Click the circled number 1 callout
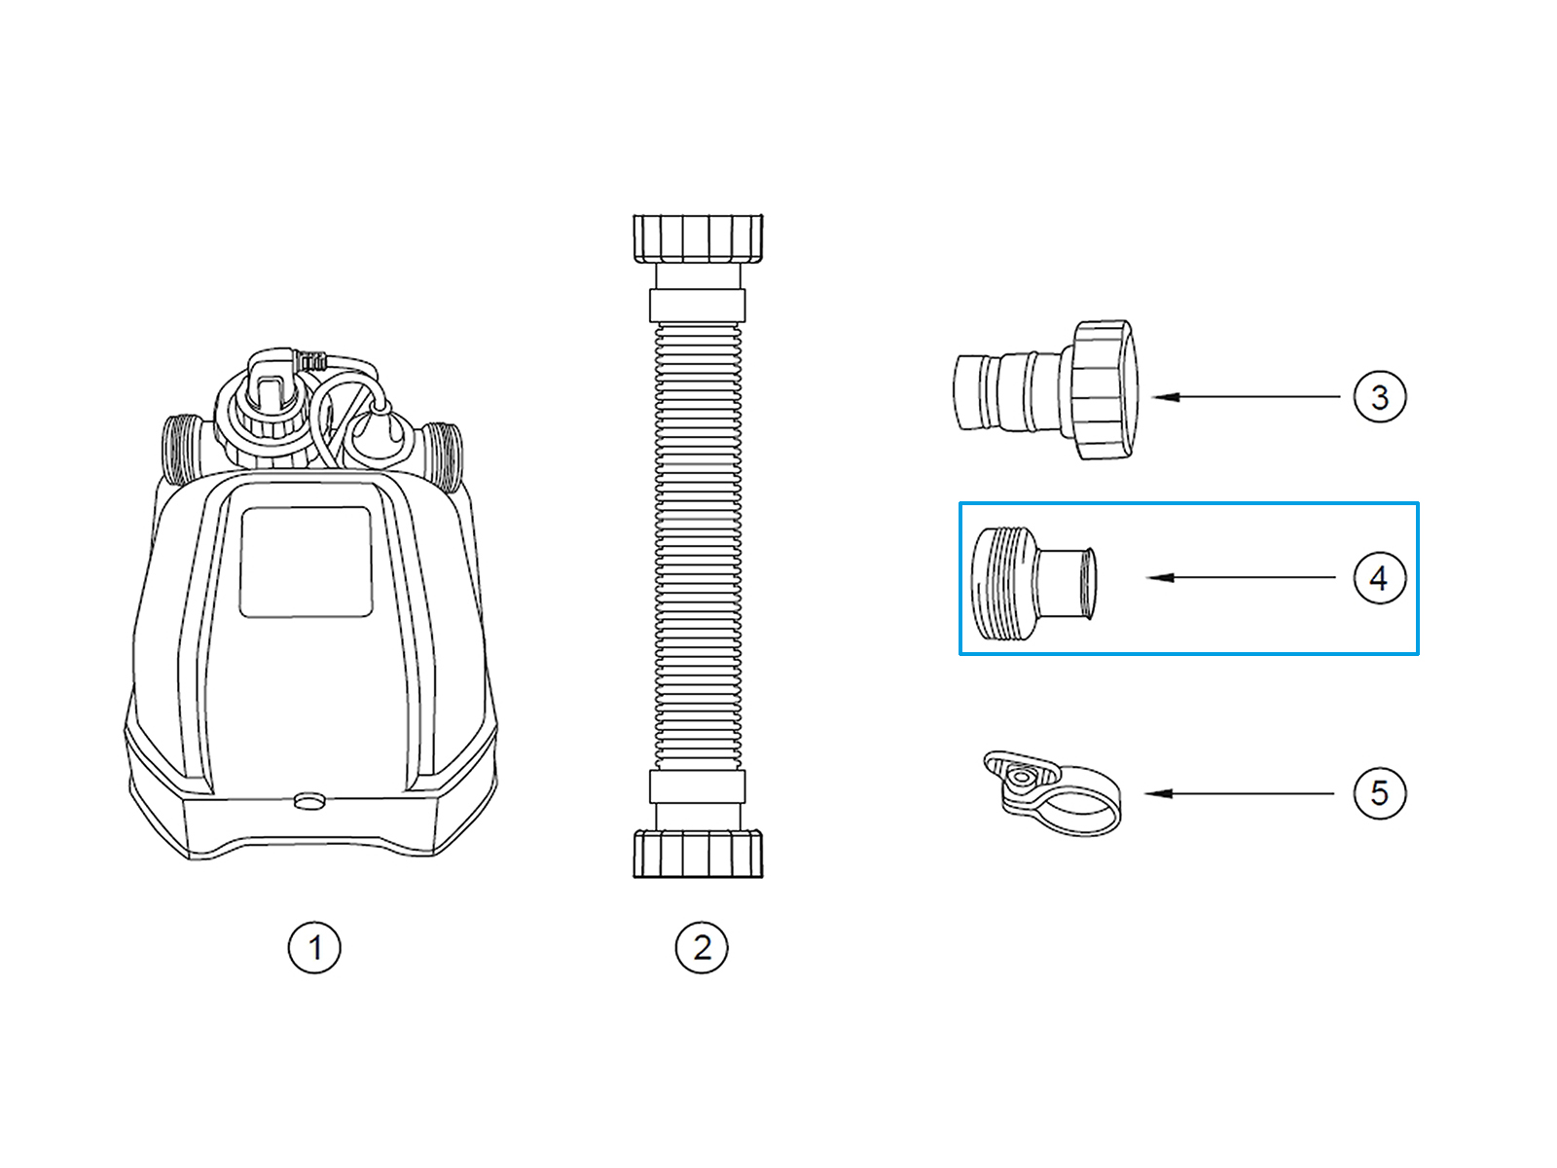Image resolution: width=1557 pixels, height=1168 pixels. pos(314,947)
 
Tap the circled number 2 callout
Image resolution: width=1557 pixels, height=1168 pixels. pos(702,947)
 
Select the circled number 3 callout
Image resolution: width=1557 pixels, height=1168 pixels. pos(1380,396)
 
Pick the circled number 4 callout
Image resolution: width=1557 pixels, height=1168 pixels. pos(1380,578)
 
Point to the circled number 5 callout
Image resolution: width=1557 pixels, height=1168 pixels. pos(1380,793)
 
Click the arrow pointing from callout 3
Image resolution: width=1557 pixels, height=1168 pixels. pos(1246,396)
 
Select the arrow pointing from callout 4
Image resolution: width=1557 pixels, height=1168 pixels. pos(1242,578)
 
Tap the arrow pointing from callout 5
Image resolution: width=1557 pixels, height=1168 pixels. pos(1239,793)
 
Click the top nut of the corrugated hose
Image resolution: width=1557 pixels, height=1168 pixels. pos(698,239)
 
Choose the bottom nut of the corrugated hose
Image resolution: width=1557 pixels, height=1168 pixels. pos(698,854)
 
